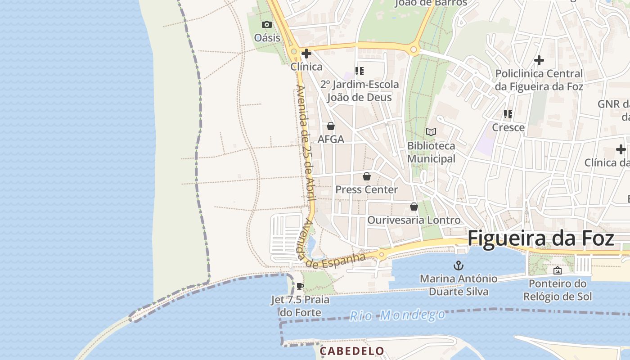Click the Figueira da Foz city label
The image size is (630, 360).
[x=541, y=238]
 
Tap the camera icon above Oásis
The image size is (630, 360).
[x=267, y=24]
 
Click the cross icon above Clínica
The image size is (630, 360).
[x=306, y=54]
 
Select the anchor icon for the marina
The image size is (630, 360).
[x=459, y=265]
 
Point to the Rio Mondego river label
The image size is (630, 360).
[x=397, y=315]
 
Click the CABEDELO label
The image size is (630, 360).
[x=352, y=351]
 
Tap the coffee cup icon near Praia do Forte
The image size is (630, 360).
[x=300, y=286]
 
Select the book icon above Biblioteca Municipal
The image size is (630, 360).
[x=431, y=132]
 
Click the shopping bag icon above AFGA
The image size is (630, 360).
[x=331, y=126]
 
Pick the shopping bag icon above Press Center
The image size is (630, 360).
[x=367, y=176]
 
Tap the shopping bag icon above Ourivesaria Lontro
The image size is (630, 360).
[x=414, y=207]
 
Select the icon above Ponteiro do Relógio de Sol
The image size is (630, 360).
[x=558, y=270]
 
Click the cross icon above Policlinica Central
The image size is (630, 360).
[x=539, y=60]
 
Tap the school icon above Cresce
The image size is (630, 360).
[x=508, y=114]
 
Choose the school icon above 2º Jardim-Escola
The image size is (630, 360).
[x=359, y=71]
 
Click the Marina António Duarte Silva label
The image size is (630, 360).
[x=459, y=285]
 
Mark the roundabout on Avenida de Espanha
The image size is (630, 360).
[x=382, y=255]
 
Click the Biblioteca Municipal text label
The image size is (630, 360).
[x=431, y=152]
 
